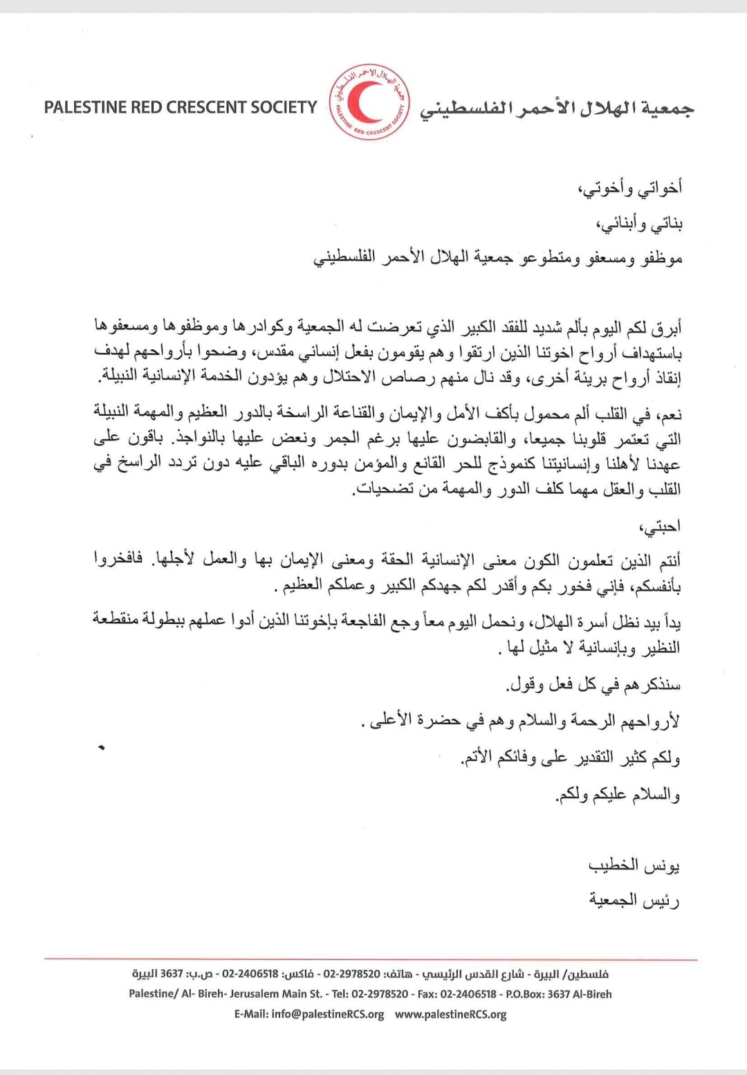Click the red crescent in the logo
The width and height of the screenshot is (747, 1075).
click(x=365, y=102)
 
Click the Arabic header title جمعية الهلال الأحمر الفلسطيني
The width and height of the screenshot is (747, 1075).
click(x=557, y=108)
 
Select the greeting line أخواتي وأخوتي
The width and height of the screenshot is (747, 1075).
click(x=630, y=187)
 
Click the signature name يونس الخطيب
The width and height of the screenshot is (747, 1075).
click(x=634, y=865)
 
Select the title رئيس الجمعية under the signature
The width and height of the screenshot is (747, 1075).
click(x=634, y=900)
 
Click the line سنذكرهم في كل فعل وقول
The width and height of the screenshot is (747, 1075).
click(x=593, y=685)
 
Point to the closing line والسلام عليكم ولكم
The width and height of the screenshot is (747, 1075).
click(x=618, y=795)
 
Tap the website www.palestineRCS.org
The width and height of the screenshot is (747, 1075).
click(x=451, y=1014)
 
